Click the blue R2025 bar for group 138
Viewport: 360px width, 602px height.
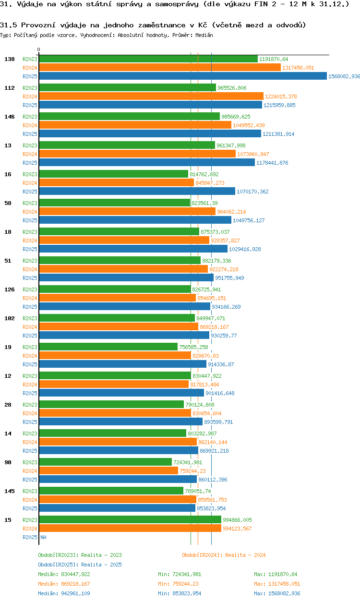coord(182,76)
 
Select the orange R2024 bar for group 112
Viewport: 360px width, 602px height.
coord(151,96)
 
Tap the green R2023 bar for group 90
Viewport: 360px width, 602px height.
coord(105,462)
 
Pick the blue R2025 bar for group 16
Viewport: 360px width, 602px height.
coord(137,192)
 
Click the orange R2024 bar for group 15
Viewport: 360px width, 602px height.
coord(130,529)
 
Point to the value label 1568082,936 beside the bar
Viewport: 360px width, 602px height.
coord(344,76)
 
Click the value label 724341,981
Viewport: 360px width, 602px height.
coord(188,462)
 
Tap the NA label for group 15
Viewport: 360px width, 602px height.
coord(43,537)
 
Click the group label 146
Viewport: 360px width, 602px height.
coord(10,117)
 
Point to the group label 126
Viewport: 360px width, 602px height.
coord(10,289)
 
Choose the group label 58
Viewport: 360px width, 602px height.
coord(8,203)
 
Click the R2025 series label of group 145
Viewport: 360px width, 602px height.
coord(30,508)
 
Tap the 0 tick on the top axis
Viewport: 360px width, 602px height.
coord(39,49)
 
